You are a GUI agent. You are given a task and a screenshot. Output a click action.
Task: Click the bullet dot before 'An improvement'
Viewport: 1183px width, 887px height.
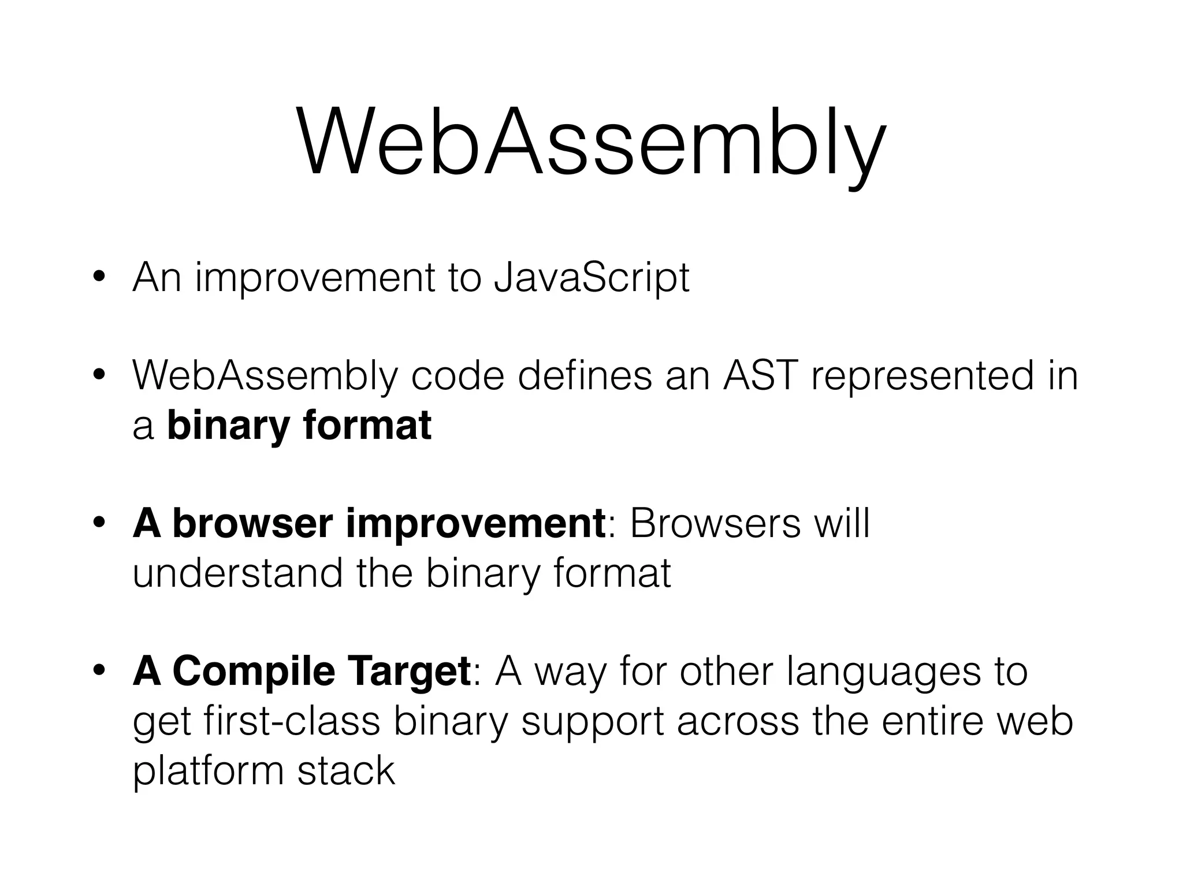(x=99, y=279)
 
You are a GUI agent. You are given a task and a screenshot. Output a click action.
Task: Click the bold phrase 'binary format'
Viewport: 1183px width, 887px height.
(x=299, y=426)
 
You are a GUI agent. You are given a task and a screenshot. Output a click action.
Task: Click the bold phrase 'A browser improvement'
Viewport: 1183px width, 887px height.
(x=369, y=524)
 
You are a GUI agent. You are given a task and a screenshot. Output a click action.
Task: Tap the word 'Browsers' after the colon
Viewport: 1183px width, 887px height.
(x=715, y=524)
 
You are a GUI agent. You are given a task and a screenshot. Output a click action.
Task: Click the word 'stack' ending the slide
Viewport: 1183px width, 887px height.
(x=346, y=772)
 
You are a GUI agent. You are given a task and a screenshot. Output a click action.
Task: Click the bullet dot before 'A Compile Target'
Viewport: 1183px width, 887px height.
(x=99, y=672)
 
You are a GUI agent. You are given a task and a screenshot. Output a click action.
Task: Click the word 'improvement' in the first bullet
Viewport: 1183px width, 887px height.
(x=315, y=278)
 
